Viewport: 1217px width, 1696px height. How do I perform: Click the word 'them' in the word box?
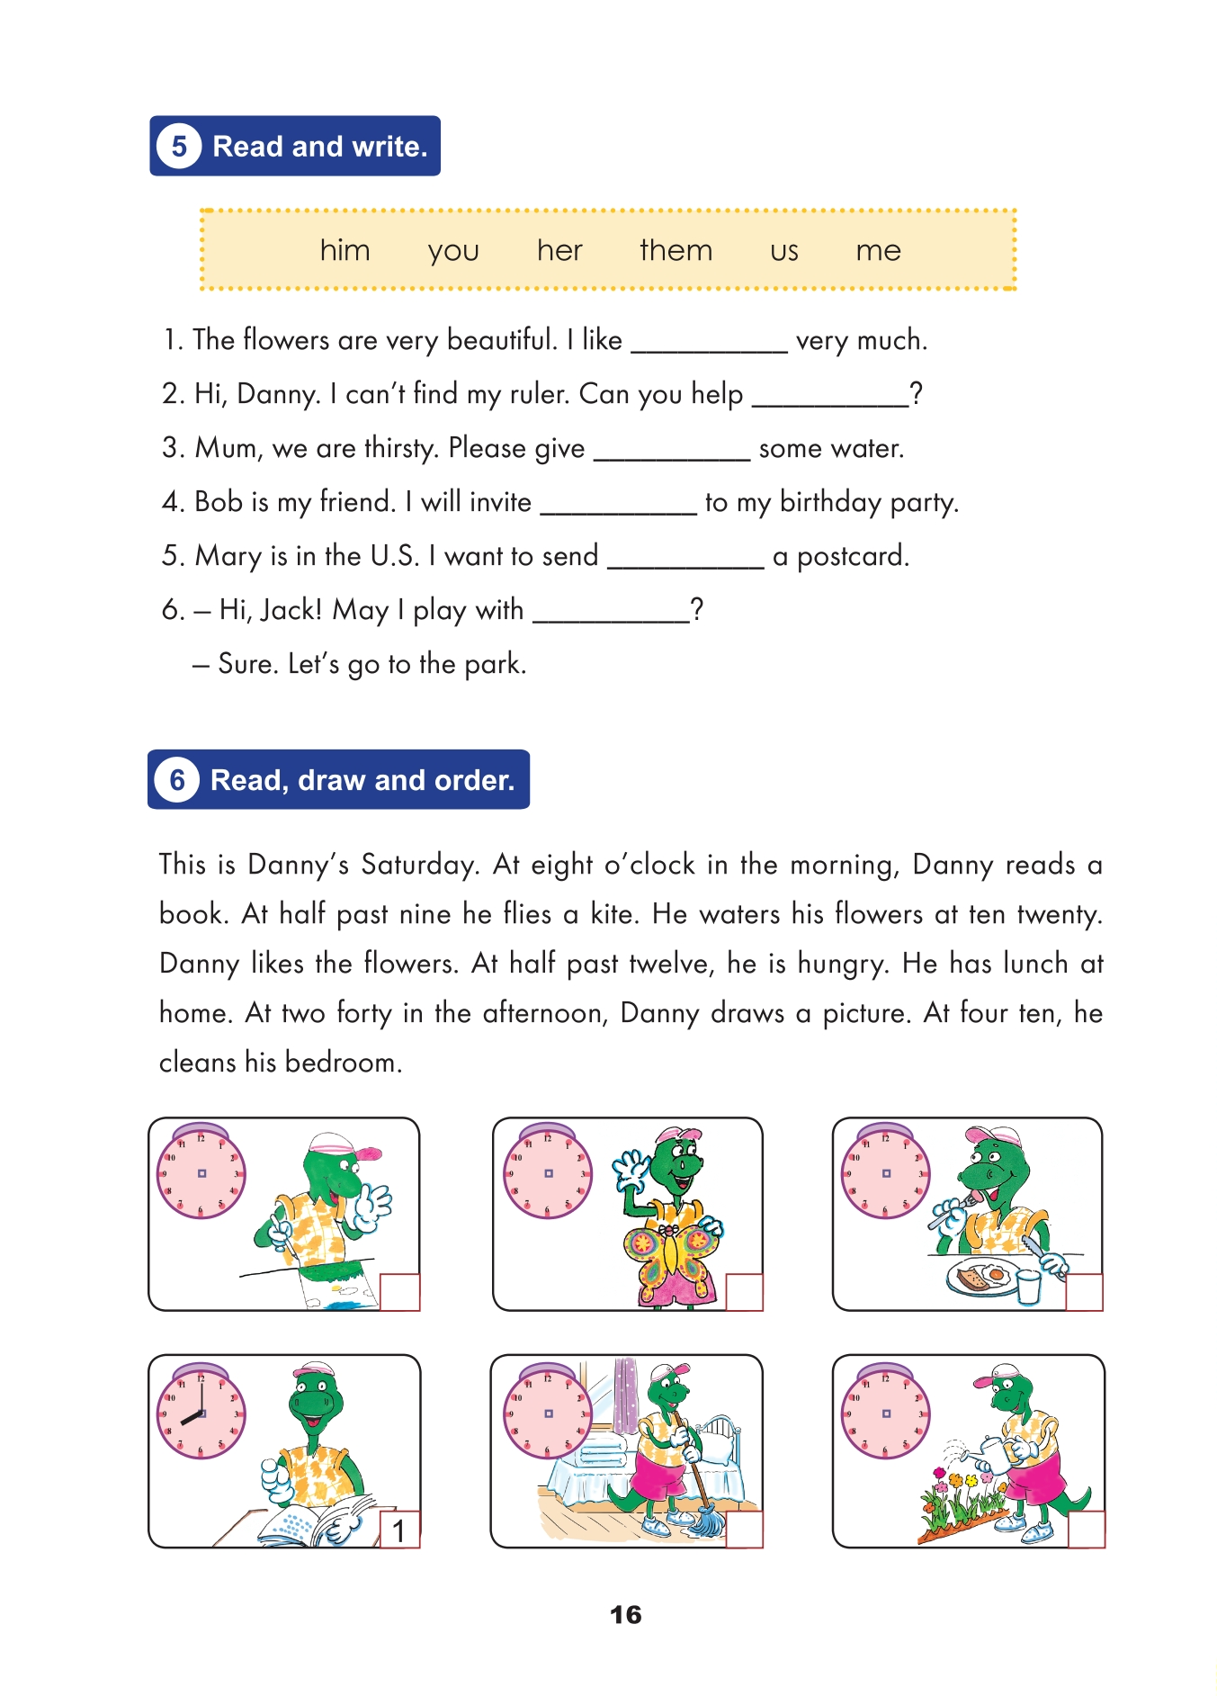[676, 250]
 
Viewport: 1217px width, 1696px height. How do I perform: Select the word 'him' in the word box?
[345, 250]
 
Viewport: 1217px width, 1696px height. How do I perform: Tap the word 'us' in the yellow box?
[783, 251]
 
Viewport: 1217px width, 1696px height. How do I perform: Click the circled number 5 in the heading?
[179, 146]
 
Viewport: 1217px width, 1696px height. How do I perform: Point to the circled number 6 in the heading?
[177, 779]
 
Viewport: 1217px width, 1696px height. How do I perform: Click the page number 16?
[625, 1614]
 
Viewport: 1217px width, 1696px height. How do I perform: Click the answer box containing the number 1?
[399, 1530]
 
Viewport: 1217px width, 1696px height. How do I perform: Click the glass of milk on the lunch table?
[1028, 1285]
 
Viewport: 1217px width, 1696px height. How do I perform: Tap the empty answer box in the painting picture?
[400, 1292]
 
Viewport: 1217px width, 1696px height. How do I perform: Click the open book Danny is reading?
[319, 1521]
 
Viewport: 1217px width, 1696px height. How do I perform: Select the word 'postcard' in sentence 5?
[851, 557]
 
